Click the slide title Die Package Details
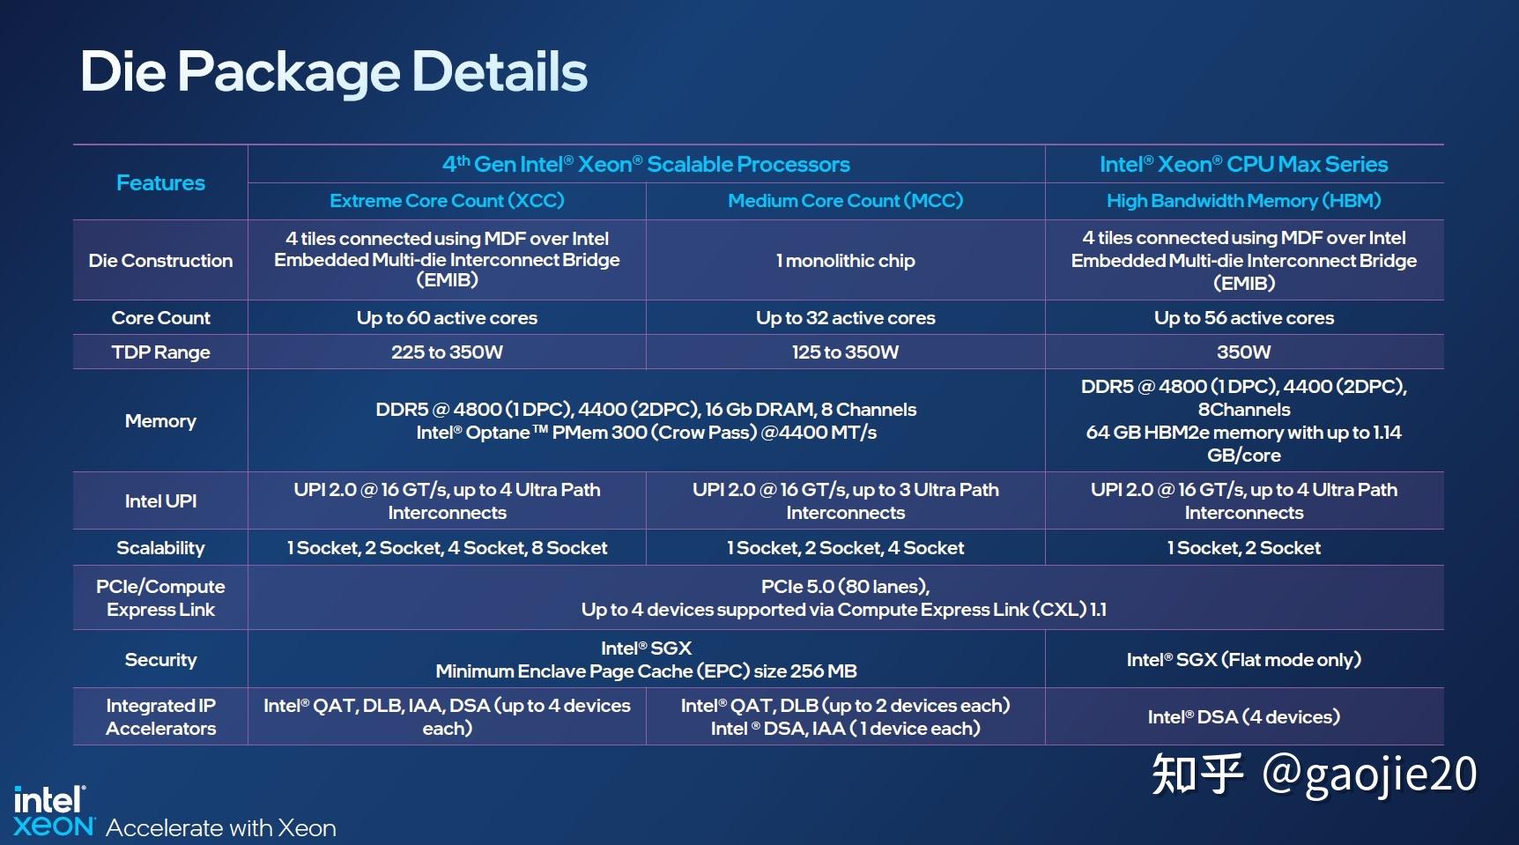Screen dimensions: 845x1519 pos(333,71)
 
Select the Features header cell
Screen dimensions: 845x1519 pos(160,182)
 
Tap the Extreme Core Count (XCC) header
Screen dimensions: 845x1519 pos(447,201)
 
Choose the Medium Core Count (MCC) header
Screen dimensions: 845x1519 pos(845,201)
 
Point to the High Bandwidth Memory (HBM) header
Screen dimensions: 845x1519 pos(1243,201)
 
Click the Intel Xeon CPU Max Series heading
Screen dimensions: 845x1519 pos(1243,164)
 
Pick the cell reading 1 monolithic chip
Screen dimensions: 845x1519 pos(845,261)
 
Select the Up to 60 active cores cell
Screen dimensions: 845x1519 pos(447,318)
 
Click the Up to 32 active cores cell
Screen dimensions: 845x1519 pos(845,318)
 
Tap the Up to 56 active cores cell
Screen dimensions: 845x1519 pos(1243,318)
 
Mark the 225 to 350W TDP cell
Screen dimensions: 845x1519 pos(447,352)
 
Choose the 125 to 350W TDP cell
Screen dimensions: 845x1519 pos(845,352)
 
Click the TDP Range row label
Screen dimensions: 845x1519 pos(160,352)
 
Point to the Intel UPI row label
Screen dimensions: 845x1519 pos(160,501)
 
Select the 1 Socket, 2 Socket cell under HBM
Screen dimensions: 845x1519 pos(1243,548)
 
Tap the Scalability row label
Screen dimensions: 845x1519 pos(160,548)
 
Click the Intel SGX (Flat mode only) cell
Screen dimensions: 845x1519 pos(1243,660)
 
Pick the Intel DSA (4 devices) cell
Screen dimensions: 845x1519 pos(1243,717)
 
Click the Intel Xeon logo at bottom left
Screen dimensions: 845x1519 pos(53,812)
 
